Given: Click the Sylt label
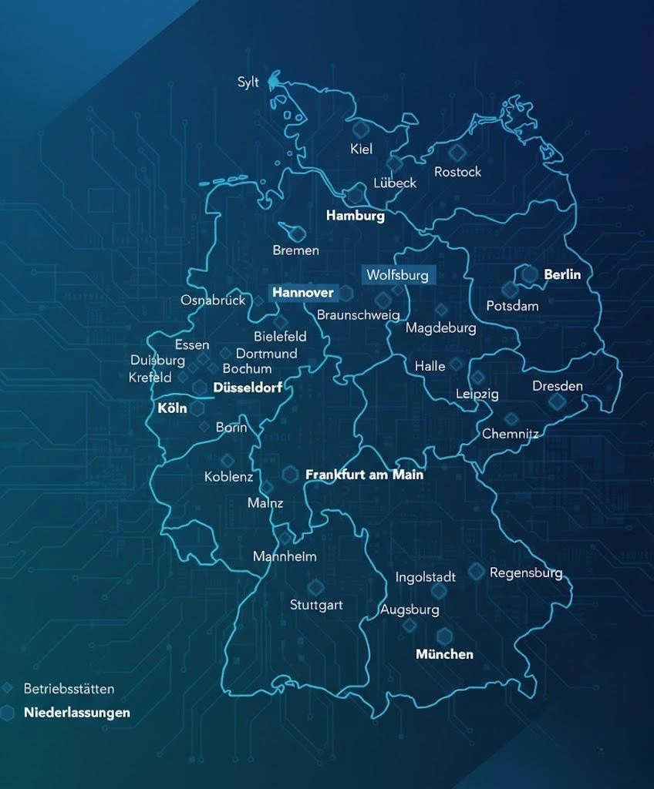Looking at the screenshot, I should click(248, 82).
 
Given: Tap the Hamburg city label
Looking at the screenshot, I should click(355, 216).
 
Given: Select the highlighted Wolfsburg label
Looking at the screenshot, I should click(396, 275).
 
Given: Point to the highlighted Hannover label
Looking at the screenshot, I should click(303, 293).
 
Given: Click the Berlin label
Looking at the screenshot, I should click(562, 274).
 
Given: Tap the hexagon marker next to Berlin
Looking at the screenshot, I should click(529, 274).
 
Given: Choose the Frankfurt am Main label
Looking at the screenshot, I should click(364, 475).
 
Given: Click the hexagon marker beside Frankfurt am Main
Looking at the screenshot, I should click(291, 475).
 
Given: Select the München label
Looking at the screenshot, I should click(444, 654).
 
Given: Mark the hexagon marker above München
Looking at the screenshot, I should click(444, 636).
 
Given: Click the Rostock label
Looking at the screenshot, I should click(457, 172).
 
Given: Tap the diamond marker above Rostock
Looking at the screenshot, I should click(457, 152).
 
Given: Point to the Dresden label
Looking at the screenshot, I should click(558, 386).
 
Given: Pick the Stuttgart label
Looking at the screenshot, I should click(316, 605).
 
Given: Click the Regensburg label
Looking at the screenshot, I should click(526, 573).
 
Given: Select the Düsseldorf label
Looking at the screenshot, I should click(248, 388).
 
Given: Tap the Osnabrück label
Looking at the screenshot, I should click(213, 300).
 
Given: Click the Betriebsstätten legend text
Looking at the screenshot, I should click(69, 689).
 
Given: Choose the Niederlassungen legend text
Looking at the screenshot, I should click(76, 713).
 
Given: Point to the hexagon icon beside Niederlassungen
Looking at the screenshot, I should click(8, 713).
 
